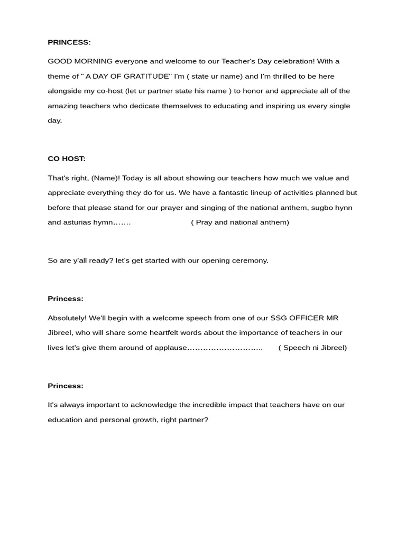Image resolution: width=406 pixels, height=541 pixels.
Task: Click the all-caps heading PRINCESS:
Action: coord(69,42)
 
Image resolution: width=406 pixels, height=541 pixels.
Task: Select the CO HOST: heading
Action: coord(67,158)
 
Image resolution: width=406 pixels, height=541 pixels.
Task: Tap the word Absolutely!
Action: coord(67,318)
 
